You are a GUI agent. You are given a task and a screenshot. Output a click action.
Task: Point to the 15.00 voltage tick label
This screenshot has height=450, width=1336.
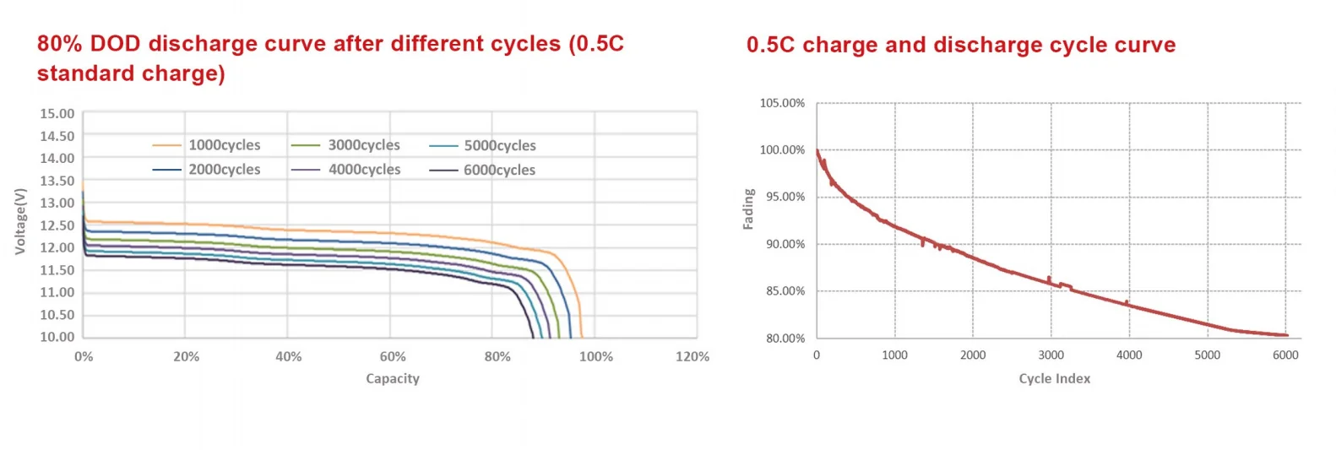pos(57,114)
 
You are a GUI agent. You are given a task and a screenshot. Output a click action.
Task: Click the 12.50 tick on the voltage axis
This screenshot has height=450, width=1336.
pos(57,225)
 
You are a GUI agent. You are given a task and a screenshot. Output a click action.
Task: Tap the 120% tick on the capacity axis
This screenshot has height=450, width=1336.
pos(692,357)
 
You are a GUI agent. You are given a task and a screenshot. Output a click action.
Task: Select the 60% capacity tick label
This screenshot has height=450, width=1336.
pos(393,357)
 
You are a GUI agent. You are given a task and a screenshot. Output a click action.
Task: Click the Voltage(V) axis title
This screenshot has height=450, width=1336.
pos(20,221)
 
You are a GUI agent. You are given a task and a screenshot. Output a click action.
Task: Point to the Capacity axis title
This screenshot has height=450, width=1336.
pos(393,379)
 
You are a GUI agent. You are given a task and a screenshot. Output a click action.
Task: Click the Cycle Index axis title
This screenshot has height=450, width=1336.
pos(1054,379)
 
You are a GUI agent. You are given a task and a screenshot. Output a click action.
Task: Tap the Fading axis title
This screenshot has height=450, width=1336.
pos(748,209)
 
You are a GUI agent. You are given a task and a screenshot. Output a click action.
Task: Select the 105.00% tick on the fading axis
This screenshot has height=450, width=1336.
pos(782,103)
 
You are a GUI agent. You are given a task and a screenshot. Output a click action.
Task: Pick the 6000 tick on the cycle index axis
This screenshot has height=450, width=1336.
pos(1285,355)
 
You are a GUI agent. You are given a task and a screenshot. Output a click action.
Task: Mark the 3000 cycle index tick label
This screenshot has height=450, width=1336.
pos(1051,355)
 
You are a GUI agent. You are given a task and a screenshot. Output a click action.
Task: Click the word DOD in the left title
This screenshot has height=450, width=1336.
pos(116,44)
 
